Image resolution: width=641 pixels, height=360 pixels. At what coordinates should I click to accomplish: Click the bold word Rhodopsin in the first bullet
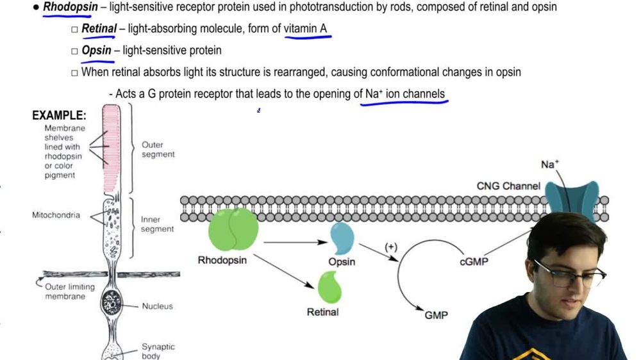[x=71, y=8]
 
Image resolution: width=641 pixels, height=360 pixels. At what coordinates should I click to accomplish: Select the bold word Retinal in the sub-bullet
[x=99, y=29]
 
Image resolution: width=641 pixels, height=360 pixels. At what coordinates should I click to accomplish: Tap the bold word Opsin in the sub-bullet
[x=96, y=51]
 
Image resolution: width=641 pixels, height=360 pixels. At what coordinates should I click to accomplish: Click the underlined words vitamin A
[x=305, y=29]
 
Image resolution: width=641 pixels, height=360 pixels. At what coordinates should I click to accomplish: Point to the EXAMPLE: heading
[x=59, y=116]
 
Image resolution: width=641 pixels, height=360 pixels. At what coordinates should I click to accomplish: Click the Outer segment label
[x=158, y=150]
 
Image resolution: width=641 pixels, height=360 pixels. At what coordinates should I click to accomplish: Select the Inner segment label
[x=157, y=224]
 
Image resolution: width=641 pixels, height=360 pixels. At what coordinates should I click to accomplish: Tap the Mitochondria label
[x=56, y=215]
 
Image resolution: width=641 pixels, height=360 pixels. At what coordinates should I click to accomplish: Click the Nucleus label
[x=157, y=306]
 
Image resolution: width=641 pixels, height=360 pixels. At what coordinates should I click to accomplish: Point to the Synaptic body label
[x=158, y=351]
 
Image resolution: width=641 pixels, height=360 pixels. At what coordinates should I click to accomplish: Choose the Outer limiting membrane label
[x=70, y=291]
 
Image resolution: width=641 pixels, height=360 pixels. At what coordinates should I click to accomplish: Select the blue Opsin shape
[x=342, y=238]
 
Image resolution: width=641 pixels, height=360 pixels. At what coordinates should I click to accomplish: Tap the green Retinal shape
[x=329, y=287]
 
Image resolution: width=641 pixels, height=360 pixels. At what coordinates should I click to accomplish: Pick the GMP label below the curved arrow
[x=436, y=315]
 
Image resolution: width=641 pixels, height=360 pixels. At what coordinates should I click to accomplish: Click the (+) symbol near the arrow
[x=390, y=247]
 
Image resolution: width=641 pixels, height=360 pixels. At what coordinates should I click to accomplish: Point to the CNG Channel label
[x=508, y=186]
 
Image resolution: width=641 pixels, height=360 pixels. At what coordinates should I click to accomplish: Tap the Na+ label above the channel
[x=550, y=165]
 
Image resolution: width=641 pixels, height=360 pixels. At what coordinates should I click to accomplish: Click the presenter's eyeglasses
[x=570, y=275]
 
